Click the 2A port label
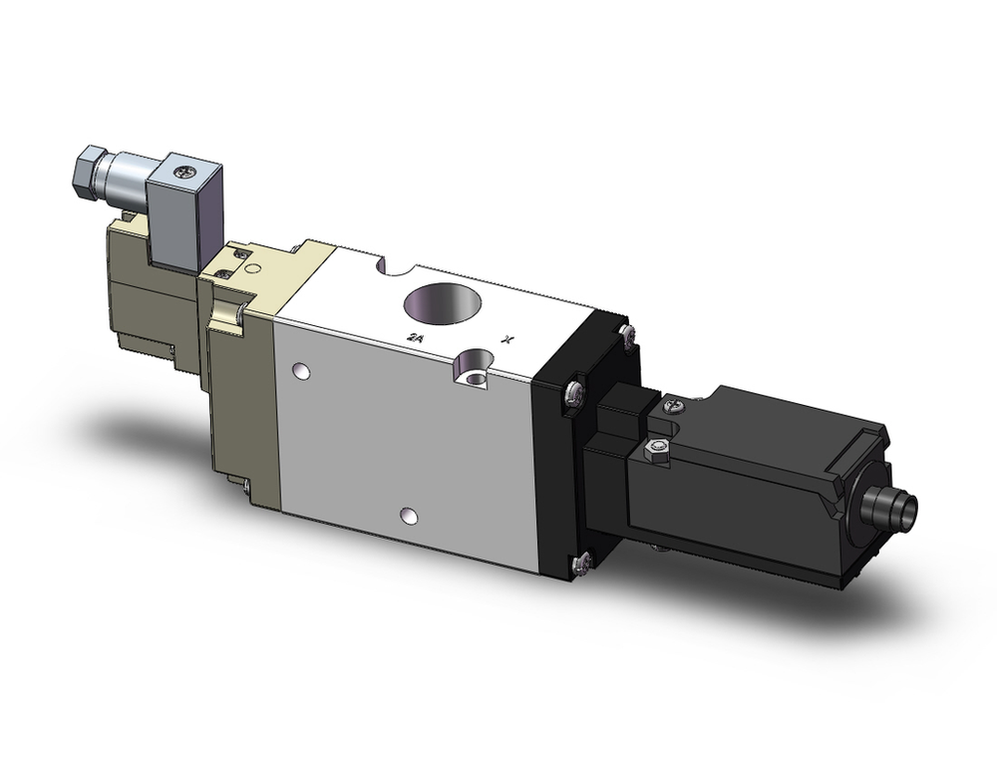tap(415, 338)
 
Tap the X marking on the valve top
tap(509, 339)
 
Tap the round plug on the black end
tap(892, 507)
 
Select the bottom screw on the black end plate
tap(584, 564)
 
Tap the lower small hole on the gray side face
tap(407, 516)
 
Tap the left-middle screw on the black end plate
tap(573, 393)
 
